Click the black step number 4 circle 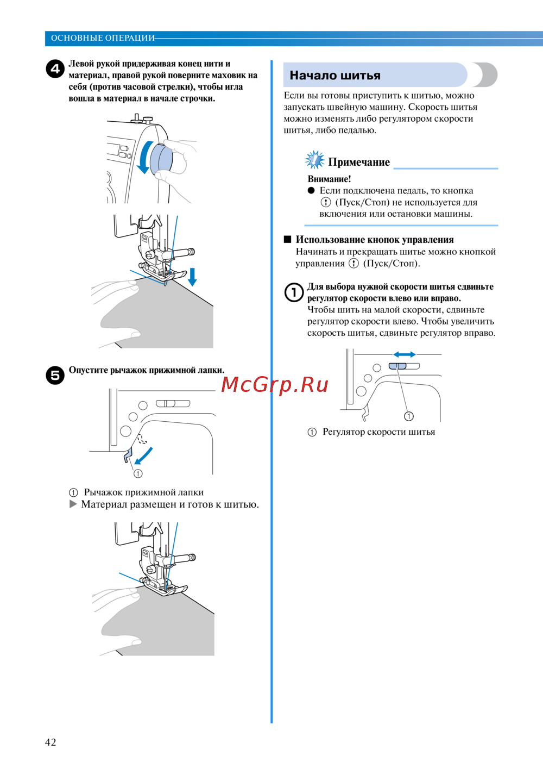coord(55,69)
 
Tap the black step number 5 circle coord(55,375)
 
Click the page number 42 coord(50,742)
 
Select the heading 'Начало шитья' coord(335,76)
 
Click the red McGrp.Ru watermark coord(275,385)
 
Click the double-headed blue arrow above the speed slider coord(404,354)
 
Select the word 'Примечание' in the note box coord(359,162)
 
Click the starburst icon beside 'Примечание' coord(314,160)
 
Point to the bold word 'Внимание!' coord(329,179)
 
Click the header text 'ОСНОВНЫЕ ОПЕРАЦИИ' coord(103,38)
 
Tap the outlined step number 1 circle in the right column coord(294,292)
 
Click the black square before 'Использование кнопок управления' coord(288,239)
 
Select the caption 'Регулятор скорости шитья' coord(378,432)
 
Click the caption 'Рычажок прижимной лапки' coord(143,492)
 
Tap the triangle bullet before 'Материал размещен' coord(73,504)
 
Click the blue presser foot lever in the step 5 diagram coord(128,455)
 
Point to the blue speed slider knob coord(397,366)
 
